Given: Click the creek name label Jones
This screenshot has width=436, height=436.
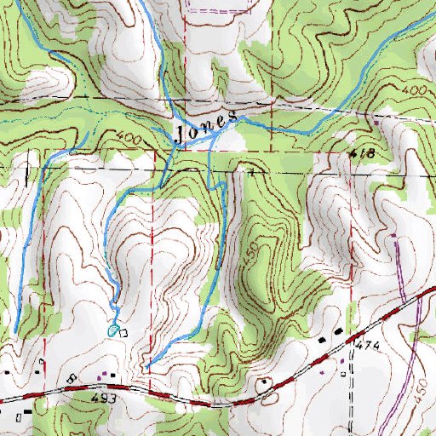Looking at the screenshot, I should [204, 129].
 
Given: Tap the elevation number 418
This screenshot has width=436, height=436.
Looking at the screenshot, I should [362, 153].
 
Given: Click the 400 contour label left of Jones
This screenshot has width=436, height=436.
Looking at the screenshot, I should [125, 138].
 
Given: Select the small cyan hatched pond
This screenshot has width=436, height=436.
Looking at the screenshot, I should [113, 330].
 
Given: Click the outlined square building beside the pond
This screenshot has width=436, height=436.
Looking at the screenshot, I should [123, 332].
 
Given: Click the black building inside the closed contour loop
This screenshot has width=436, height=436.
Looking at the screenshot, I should [269, 384].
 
